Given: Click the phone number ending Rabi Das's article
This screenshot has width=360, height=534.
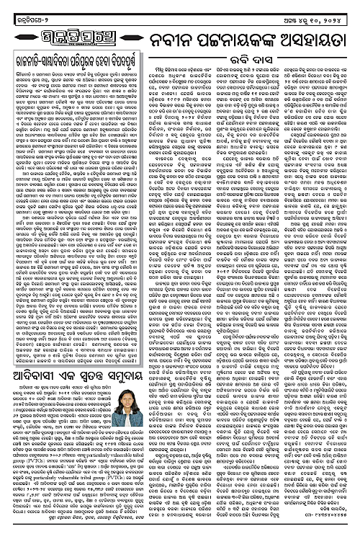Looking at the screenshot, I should click(x=330, y=525).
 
